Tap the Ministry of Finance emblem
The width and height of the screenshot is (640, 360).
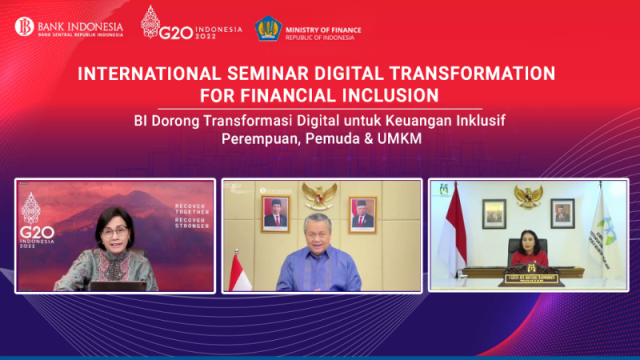pyautogui.click(x=268, y=27)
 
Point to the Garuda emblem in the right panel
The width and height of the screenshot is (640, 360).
pyautogui.click(x=527, y=195)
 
